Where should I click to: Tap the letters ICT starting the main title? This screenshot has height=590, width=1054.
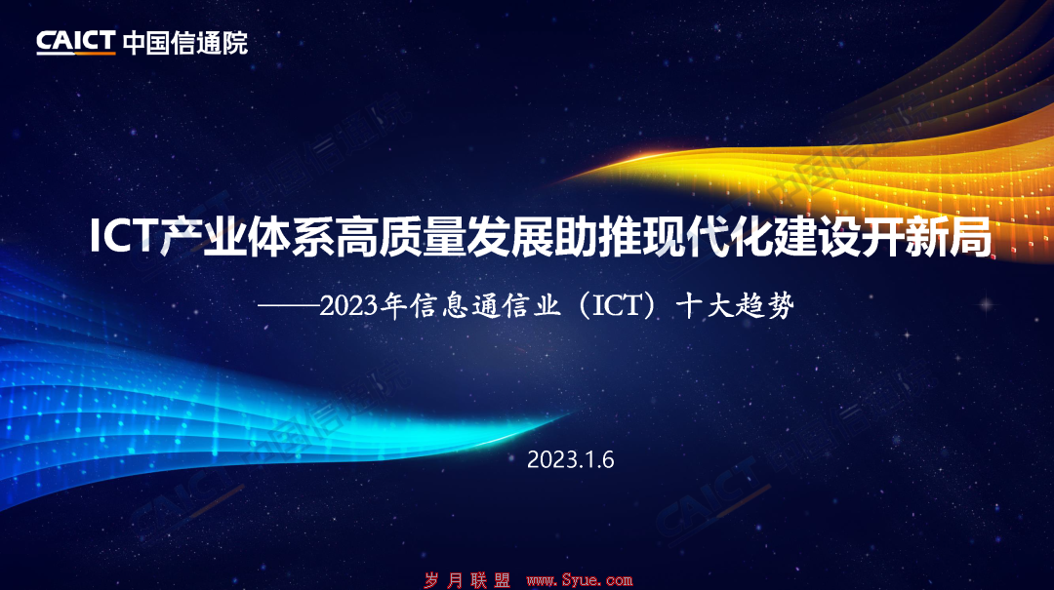pos(123,236)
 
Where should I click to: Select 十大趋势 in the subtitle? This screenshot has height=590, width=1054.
pos(736,306)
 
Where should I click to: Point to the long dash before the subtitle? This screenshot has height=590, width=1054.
pos(288,306)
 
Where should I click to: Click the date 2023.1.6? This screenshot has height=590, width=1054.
pos(570,459)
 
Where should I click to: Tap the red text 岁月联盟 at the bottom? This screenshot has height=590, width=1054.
pos(467,580)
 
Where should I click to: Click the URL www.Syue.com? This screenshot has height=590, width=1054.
pos(580,580)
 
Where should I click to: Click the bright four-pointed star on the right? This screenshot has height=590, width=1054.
pos(986,305)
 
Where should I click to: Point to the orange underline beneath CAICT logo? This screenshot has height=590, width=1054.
pos(76,53)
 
